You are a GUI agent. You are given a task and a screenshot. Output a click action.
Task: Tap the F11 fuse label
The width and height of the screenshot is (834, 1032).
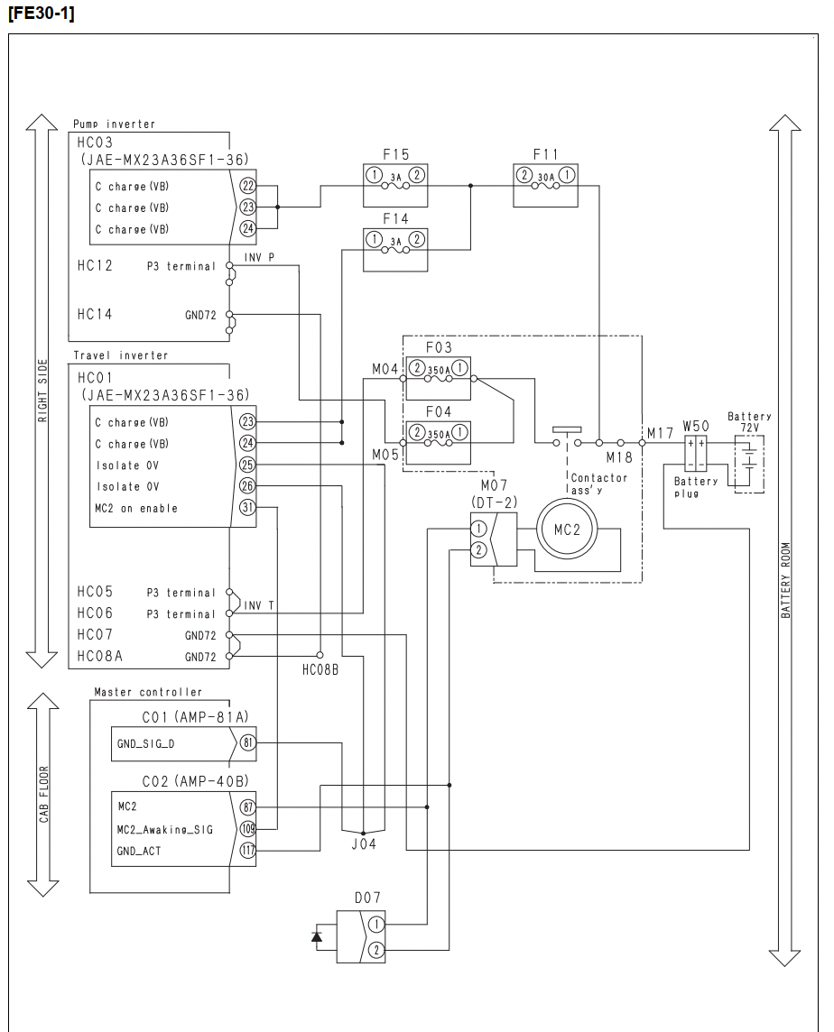pos(545,154)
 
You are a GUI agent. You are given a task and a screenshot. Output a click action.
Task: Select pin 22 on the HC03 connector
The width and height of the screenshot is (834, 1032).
pos(247,186)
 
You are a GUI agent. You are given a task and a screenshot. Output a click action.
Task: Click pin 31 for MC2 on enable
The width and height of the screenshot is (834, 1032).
pos(247,508)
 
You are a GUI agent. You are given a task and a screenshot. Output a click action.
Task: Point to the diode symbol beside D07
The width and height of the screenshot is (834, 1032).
pos(317,935)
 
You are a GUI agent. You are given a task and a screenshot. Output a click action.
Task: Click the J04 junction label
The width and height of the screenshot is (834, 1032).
pos(364,843)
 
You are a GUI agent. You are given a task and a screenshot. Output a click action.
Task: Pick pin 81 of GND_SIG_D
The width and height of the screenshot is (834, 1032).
pos(247,743)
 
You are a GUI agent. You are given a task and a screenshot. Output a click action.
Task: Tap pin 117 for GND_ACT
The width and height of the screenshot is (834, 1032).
pos(247,850)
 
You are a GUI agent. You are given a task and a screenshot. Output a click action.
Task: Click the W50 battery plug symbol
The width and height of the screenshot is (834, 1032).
pos(696,453)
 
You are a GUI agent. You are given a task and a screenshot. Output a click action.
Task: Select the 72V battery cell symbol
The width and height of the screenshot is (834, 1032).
pos(749,456)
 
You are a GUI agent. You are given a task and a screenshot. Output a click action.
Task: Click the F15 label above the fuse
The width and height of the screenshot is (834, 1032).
pos(396,154)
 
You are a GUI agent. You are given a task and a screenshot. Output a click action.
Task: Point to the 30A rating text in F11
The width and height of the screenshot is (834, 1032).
pos(546,177)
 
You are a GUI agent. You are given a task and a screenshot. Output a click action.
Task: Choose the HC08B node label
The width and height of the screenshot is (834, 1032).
pos(320,670)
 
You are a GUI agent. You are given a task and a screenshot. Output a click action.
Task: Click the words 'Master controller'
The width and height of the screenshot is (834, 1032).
pos(148,692)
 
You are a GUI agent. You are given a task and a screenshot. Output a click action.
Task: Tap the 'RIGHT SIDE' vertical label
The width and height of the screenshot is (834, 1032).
pos(42,391)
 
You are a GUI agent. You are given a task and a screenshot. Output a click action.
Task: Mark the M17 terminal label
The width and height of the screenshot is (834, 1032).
pos(660,433)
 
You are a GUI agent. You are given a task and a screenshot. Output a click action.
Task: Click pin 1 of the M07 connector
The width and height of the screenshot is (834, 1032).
pos(479,528)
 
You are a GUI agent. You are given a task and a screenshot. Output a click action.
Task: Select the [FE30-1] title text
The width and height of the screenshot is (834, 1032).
pos(41,14)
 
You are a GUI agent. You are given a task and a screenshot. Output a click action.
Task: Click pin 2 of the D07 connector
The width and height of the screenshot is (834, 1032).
pos(375,950)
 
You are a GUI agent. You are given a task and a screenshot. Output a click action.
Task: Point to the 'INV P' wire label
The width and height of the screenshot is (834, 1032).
pos(259,257)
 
